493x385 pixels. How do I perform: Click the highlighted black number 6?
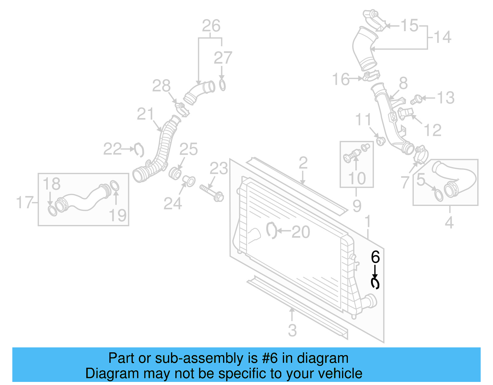pyautogui.click(x=375, y=257)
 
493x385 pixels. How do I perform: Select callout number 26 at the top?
pyautogui.click(x=211, y=26)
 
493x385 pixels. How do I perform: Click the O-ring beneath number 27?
pyautogui.click(x=222, y=85)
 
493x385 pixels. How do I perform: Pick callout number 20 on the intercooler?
pyautogui.click(x=300, y=232)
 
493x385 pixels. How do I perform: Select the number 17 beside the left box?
pyautogui.click(x=24, y=203)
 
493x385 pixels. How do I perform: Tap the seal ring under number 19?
pyautogui.click(x=114, y=186)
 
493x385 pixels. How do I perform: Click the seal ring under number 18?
pyautogui.click(x=53, y=211)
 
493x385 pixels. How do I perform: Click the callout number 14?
pyautogui.click(x=442, y=37)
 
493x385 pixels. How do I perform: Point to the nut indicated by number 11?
pyautogui.click(x=381, y=141)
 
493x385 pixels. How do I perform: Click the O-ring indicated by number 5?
pyautogui.click(x=438, y=195)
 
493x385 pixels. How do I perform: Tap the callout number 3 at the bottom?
pyautogui.click(x=292, y=330)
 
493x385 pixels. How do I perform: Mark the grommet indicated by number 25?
pyautogui.click(x=175, y=173)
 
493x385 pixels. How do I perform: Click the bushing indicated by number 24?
pyautogui.click(x=189, y=181)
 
